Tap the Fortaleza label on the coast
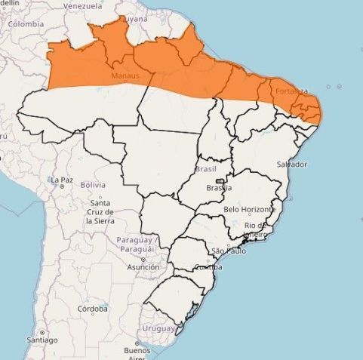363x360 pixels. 292,91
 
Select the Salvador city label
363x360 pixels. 292,164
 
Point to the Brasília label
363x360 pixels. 219,188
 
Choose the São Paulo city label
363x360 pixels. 229,251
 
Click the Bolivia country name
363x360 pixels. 93,185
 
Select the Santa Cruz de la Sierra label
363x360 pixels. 100,212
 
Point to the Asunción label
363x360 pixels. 143,266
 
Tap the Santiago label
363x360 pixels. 42,340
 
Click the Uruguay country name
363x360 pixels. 158,328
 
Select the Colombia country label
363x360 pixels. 26,23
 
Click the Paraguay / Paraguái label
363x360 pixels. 136,244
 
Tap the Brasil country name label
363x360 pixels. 205,169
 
